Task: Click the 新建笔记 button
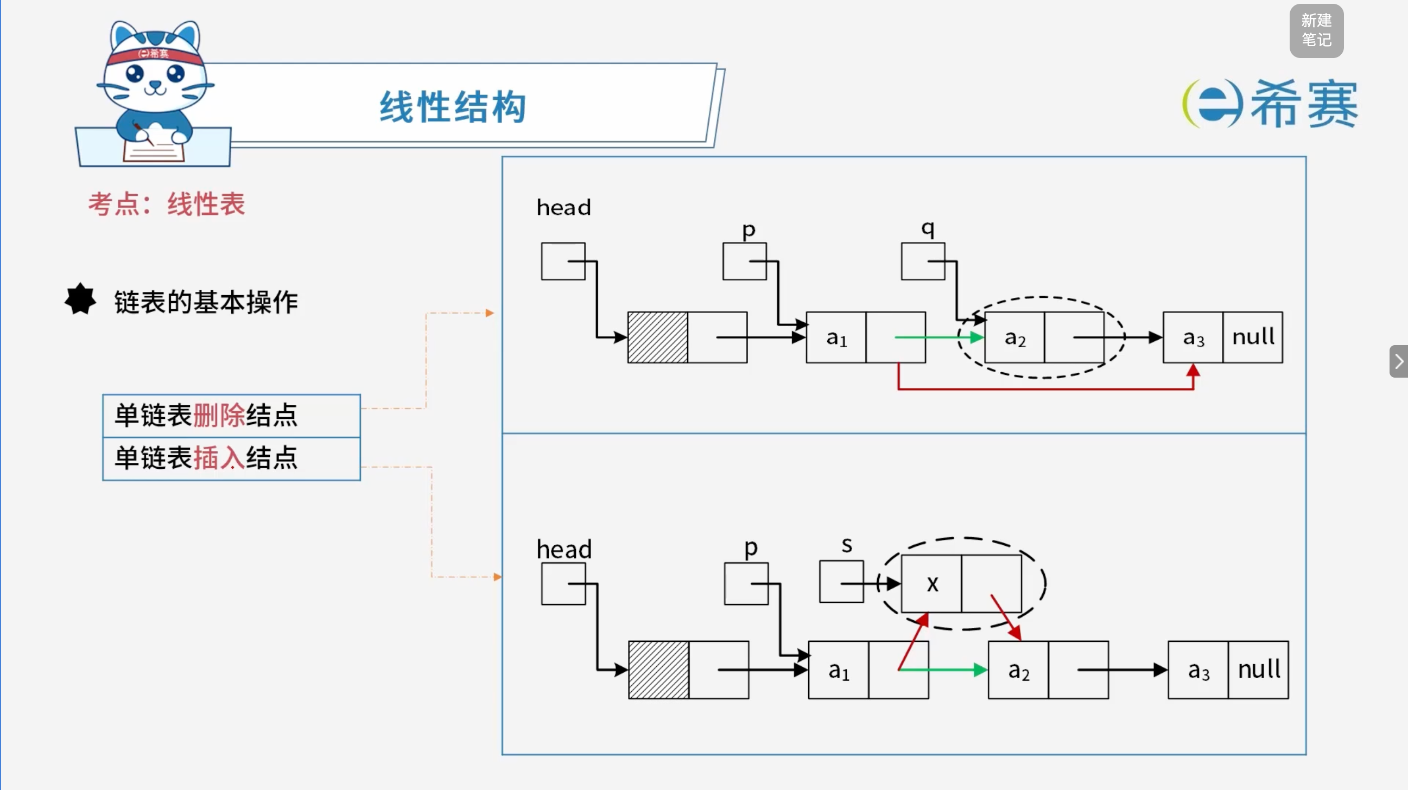click(x=1316, y=30)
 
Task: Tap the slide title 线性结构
click(x=453, y=106)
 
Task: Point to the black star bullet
click(x=80, y=299)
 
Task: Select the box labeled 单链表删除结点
click(x=231, y=415)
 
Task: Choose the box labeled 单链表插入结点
click(x=231, y=458)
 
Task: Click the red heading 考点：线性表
click(x=167, y=205)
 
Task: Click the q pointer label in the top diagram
click(x=928, y=228)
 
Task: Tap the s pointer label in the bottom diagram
click(x=847, y=545)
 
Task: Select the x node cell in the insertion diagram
click(x=931, y=583)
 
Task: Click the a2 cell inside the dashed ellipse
click(x=1014, y=337)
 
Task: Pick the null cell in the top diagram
click(x=1253, y=337)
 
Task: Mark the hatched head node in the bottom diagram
click(x=658, y=670)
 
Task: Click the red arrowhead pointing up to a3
click(x=1193, y=371)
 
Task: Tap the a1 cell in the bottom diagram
click(x=839, y=670)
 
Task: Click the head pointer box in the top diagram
click(x=563, y=261)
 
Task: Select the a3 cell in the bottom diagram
click(x=1198, y=670)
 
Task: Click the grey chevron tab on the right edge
click(x=1399, y=361)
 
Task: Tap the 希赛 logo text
click(x=1304, y=104)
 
